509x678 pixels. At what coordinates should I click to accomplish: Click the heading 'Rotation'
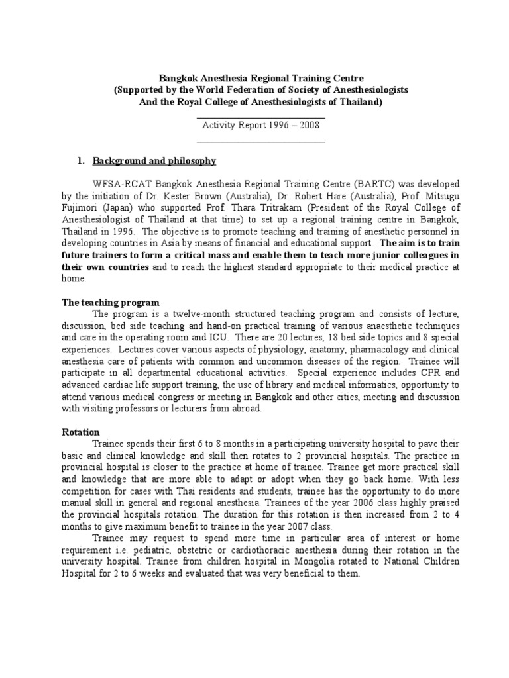[81, 431]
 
